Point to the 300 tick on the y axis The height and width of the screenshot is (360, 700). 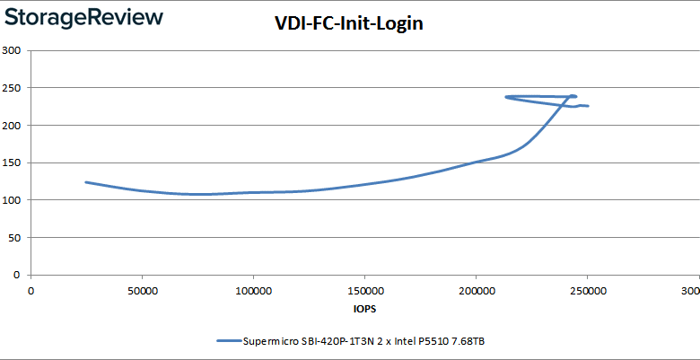click(12, 50)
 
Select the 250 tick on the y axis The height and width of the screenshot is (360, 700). click(12, 88)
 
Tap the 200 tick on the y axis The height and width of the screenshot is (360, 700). click(12, 126)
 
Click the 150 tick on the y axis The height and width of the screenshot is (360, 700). click(12, 163)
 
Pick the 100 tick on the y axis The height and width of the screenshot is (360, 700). click(12, 200)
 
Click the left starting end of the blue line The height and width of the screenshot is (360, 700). click(86, 182)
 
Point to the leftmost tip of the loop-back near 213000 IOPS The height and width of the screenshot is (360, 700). click(506, 97)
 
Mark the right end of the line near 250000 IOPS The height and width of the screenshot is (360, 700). click(588, 106)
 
